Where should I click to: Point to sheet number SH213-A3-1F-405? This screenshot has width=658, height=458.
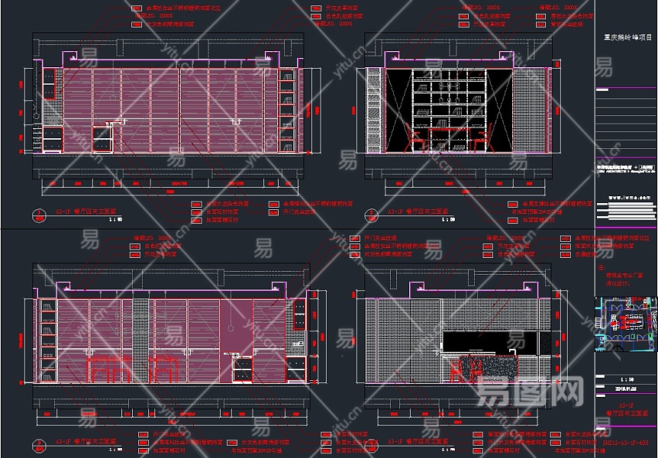(625, 442)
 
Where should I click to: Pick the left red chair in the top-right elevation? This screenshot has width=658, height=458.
(417, 140)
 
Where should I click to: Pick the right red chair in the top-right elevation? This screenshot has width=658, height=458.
(482, 140)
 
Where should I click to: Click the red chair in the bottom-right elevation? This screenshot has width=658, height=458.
(456, 369)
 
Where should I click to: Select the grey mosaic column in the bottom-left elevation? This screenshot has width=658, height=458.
(140, 340)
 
